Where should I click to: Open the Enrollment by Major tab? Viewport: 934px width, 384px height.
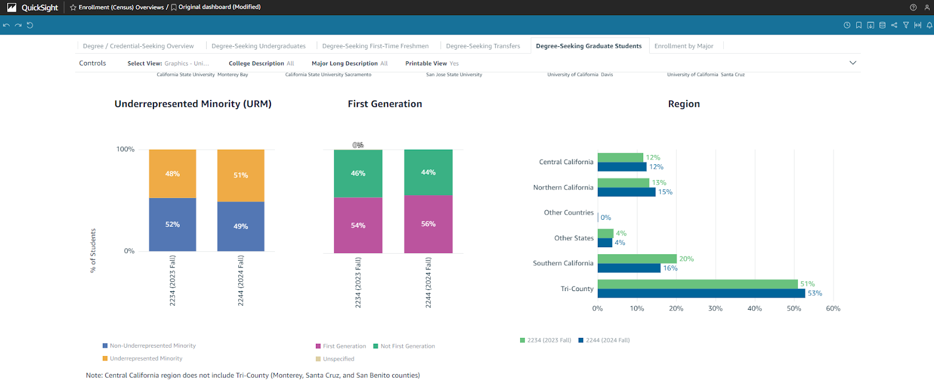pos(684,46)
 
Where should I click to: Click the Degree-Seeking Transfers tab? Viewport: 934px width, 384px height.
pos(483,46)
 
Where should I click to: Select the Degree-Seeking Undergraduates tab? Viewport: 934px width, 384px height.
pos(259,46)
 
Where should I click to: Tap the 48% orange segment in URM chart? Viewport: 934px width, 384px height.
pos(172,174)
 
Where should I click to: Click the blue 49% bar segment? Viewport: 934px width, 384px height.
pos(241,226)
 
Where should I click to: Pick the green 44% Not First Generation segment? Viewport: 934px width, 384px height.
pos(428,172)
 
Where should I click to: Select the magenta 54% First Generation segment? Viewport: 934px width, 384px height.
pos(358,225)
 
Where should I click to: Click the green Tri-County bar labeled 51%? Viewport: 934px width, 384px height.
pos(697,284)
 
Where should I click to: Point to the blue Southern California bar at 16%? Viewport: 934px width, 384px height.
pos(629,268)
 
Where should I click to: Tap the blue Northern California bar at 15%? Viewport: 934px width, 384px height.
pos(626,192)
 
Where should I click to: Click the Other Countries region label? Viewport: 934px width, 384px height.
pos(569,213)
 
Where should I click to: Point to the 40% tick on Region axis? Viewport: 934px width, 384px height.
pos(755,309)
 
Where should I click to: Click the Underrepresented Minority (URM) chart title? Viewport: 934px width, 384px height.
pos(193,104)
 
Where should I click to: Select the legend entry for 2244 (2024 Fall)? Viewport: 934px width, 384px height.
pos(604,340)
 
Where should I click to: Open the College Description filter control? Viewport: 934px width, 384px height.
pos(262,64)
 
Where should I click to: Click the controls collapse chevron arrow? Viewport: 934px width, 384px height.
pos(853,63)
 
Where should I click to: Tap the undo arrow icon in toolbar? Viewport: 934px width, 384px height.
pos(6,25)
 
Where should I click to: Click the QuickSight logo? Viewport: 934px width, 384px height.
pos(33,8)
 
